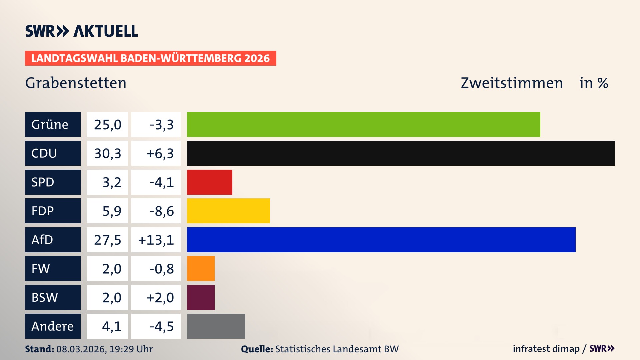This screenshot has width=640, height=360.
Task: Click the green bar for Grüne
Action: click(x=363, y=124)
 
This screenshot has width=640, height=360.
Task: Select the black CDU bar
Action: click(x=401, y=153)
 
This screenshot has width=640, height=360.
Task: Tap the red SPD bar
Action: click(x=209, y=182)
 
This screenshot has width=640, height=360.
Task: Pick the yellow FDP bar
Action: click(x=228, y=211)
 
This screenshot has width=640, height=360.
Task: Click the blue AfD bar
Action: click(x=381, y=240)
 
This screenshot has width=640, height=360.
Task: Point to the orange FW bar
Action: click(x=201, y=269)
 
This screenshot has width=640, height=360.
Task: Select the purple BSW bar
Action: click(x=201, y=297)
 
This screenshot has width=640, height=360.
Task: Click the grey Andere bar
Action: click(x=216, y=326)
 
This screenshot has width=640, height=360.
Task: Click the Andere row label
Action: click(x=53, y=326)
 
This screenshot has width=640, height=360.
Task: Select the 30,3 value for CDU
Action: click(x=107, y=153)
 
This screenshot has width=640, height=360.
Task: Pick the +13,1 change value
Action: click(x=156, y=240)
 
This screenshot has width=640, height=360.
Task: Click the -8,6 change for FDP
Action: click(x=161, y=211)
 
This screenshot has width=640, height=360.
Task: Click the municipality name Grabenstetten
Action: click(x=76, y=83)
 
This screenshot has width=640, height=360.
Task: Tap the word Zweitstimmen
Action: click(x=512, y=83)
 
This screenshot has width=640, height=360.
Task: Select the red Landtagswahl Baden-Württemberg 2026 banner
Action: click(x=150, y=58)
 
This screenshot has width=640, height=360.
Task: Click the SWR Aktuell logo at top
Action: click(x=82, y=31)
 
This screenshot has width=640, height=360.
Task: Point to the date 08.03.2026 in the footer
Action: click(x=81, y=349)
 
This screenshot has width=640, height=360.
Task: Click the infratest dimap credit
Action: click(x=546, y=349)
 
